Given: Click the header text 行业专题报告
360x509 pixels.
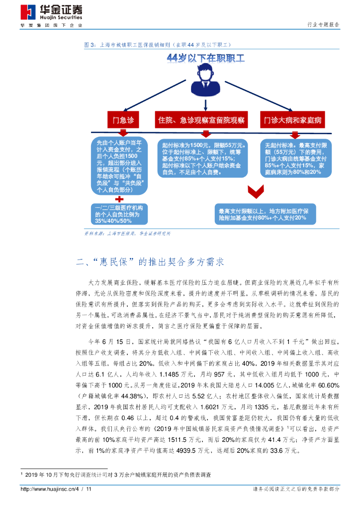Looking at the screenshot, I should tap(324, 24).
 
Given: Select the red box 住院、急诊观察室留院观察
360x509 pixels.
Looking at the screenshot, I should tap(201, 120).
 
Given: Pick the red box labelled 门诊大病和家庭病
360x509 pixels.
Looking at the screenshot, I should tap(292, 120).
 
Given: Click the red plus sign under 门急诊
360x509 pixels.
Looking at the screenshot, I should tap(119, 198).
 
